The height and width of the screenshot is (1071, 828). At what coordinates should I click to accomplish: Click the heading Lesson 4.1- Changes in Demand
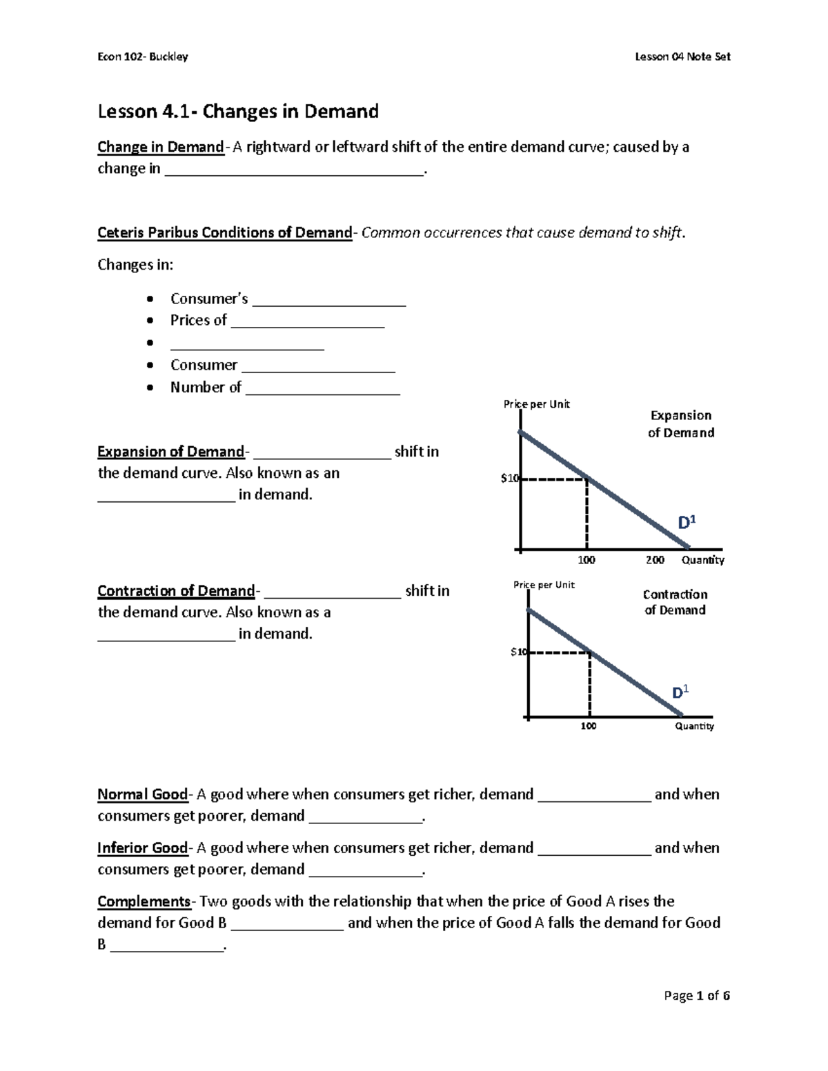click(238, 112)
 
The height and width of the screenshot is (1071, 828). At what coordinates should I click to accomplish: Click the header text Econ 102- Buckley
click(143, 57)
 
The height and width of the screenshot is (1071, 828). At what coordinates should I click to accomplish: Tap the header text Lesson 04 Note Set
click(682, 57)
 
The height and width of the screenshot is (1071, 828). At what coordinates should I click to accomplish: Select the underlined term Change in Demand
click(160, 147)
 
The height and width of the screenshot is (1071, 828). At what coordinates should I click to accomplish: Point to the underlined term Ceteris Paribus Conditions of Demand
click(224, 232)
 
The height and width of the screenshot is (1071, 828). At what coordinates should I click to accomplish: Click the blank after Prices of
click(308, 321)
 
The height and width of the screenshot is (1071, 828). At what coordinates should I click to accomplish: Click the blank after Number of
click(322, 388)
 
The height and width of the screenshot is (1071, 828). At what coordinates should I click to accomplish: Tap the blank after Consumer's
click(329, 300)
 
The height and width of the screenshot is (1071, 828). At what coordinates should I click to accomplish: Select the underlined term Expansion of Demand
click(170, 452)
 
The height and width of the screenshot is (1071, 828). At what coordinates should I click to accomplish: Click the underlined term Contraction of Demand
click(176, 591)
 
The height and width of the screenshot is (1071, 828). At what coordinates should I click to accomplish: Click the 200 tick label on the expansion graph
click(655, 560)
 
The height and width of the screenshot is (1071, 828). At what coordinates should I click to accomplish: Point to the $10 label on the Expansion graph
click(509, 479)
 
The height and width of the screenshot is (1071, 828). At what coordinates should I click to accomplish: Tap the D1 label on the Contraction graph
click(680, 692)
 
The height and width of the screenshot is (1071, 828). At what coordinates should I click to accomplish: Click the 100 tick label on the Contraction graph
click(589, 726)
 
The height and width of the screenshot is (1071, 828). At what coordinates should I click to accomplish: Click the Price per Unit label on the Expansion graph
click(536, 404)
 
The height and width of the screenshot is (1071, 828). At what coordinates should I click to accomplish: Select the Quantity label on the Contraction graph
click(694, 726)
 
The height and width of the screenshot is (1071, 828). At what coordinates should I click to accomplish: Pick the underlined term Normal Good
click(142, 794)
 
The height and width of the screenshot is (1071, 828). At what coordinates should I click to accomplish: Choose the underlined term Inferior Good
click(142, 848)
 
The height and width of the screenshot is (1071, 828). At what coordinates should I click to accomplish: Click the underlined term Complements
click(144, 901)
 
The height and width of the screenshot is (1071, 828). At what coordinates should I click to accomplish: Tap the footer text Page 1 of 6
click(696, 995)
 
